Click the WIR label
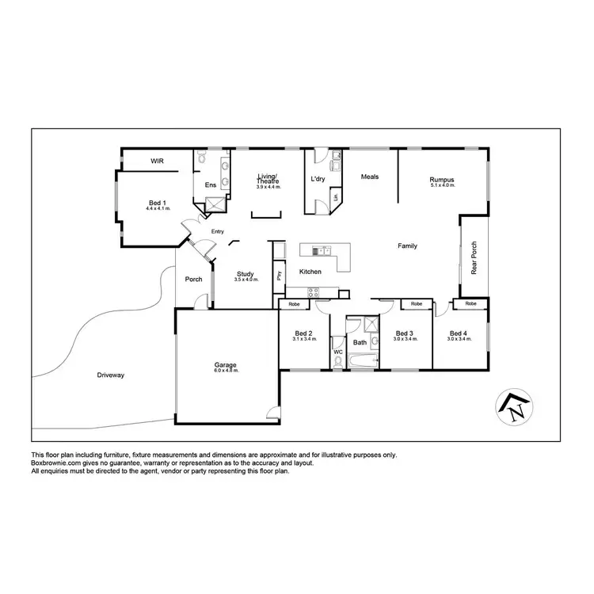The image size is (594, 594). (157, 161)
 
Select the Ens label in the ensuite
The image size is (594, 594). (211, 185)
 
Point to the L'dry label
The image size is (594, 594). (318, 179)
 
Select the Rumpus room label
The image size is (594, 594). (442, 179)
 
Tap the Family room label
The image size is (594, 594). (407, 246)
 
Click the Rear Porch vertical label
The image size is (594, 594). (474, 258)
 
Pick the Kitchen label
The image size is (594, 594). (310, 272)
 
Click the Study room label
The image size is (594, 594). (245, 274)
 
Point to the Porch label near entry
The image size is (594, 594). (193, 279)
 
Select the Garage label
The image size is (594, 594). (225, 366)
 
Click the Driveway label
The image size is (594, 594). (112, 374)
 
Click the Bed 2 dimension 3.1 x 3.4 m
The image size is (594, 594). (303, 339)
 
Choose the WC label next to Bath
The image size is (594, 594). (337, 351)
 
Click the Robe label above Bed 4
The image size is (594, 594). (470, 304)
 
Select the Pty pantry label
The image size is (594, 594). (279, 276)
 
